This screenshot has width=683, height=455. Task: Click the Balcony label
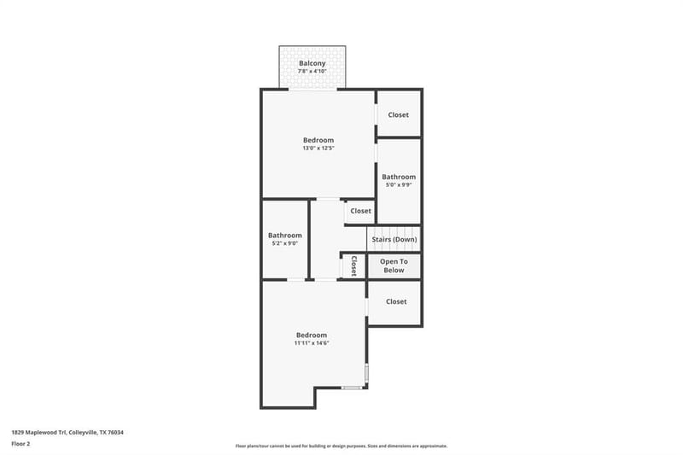click(312, 63)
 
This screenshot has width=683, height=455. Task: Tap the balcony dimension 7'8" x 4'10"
click(312, 71)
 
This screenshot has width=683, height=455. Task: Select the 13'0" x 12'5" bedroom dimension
click(318, 148)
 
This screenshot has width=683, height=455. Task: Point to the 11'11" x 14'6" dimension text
click(312, 343)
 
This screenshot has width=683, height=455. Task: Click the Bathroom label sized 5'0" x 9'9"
click(399, 177)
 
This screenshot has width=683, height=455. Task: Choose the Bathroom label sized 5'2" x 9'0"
click(285, 235)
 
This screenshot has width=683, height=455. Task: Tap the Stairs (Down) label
click(394, 240)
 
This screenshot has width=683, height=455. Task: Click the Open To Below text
click(394, 265)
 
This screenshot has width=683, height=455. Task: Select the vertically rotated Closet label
click(353, 265)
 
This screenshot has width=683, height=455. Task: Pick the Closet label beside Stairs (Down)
click(360, 211)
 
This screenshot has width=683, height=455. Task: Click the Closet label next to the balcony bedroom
click(398, 114)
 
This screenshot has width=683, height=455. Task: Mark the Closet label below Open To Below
click(396, 301)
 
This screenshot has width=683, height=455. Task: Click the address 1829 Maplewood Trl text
click(38, 432)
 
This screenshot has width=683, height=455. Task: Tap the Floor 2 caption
click(20, 444)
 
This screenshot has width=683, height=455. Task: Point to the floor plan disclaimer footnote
click(341, 446)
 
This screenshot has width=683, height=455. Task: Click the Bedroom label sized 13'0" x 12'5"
click(318, 140)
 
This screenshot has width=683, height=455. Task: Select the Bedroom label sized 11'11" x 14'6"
click(312, 335)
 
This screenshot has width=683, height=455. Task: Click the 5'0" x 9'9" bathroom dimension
click(399, 184)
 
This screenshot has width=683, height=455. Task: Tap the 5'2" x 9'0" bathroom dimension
click(285, 243)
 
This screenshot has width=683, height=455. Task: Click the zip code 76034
click(116, 432)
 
